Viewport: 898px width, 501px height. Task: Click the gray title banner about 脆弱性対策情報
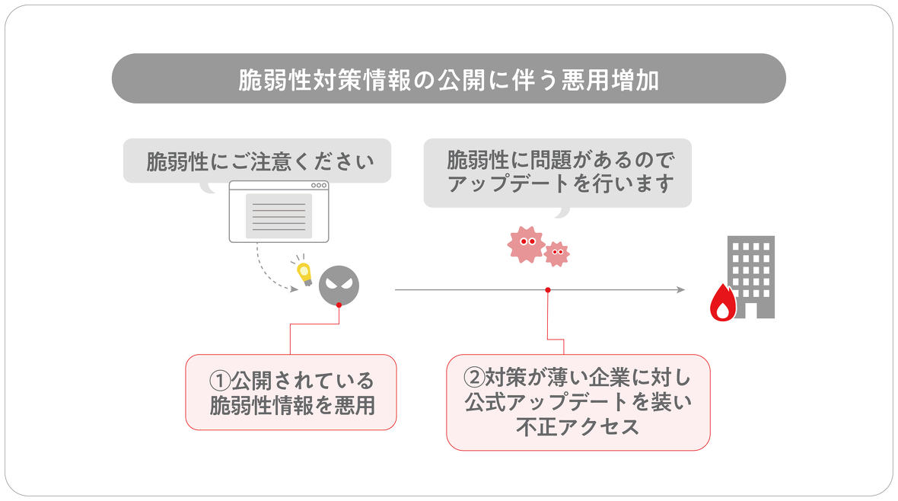coord(448,78)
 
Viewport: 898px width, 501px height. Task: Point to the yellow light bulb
coord(304,272)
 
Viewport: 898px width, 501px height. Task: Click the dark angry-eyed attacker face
coord(339,286)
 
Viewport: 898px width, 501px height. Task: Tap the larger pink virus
coord(525,244)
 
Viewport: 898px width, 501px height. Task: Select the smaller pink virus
coord(557,254)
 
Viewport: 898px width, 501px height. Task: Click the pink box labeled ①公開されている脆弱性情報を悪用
coord(291,392)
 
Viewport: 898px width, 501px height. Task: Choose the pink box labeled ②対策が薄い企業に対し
coord(578,401)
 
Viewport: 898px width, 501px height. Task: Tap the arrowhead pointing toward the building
coord(680,290)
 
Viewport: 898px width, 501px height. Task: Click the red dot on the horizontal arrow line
coord(548,290)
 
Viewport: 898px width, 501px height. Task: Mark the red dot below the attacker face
coord(339,305)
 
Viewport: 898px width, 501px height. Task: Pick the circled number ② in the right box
coord(474,376)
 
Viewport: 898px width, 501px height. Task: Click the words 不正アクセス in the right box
coord(578,427)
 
